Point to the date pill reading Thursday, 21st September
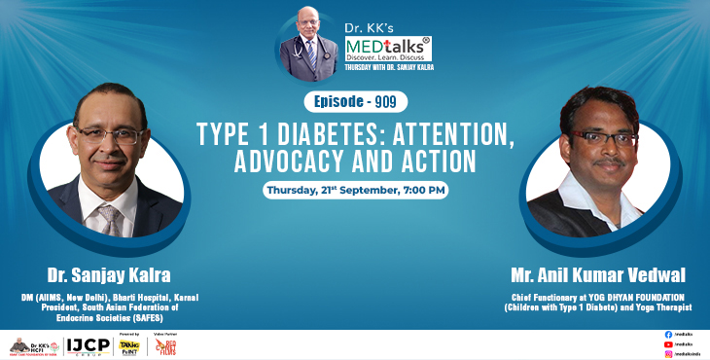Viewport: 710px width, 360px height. tap(355, 190)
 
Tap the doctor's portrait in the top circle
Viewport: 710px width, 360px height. tap(308, 42)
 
